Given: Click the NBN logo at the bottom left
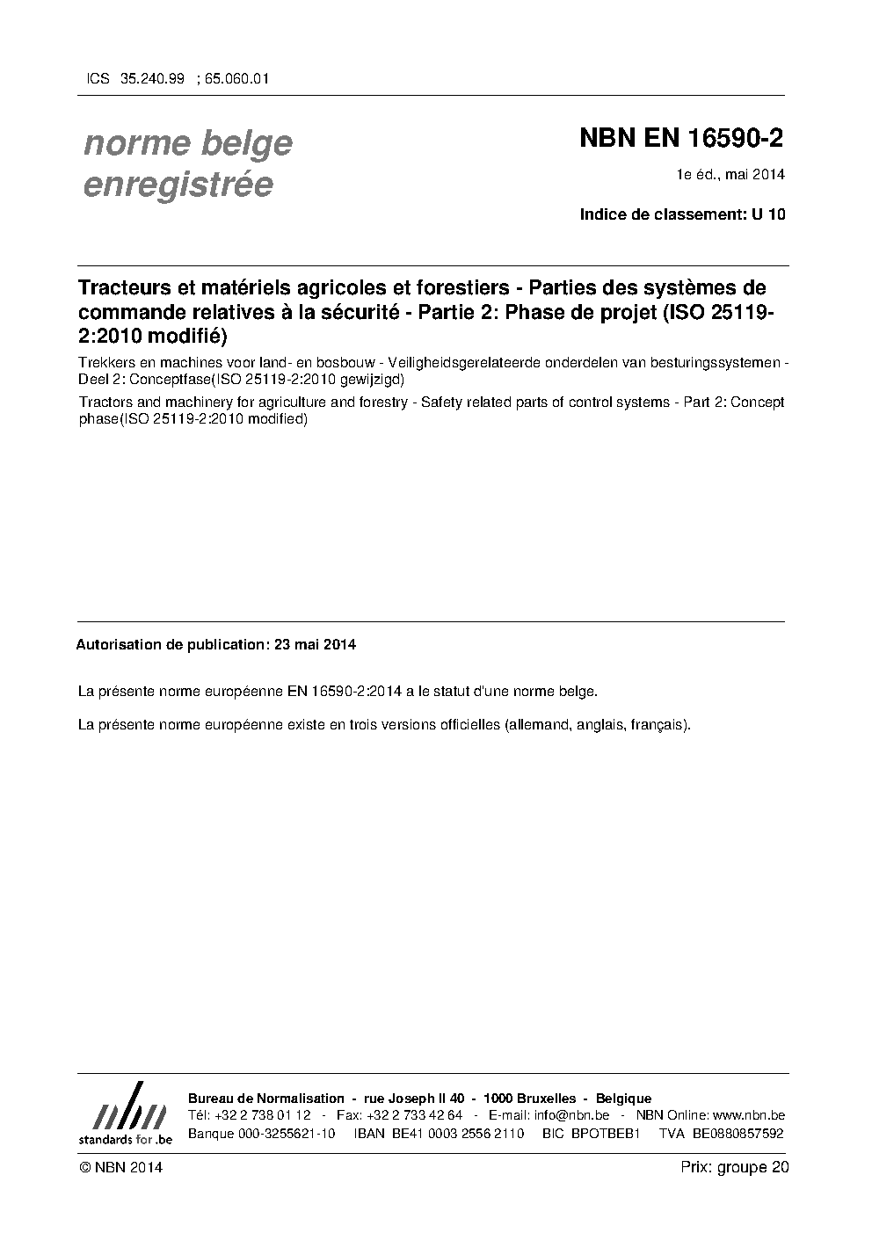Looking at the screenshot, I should [125, 1113].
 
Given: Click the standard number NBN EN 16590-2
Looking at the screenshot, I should [681, 139].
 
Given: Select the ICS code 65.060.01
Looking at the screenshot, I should [236, 78].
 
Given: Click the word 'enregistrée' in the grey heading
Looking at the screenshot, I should [177, 185].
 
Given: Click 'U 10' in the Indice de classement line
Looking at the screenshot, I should [768, 214].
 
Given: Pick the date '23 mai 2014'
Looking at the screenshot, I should [315, 644].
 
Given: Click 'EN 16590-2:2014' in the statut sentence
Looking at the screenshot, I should [345, 692].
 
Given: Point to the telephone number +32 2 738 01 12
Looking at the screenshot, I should [261, 1115].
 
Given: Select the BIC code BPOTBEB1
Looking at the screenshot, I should [605, 1133].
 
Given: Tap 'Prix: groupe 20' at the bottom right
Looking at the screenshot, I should [735, 1167].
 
